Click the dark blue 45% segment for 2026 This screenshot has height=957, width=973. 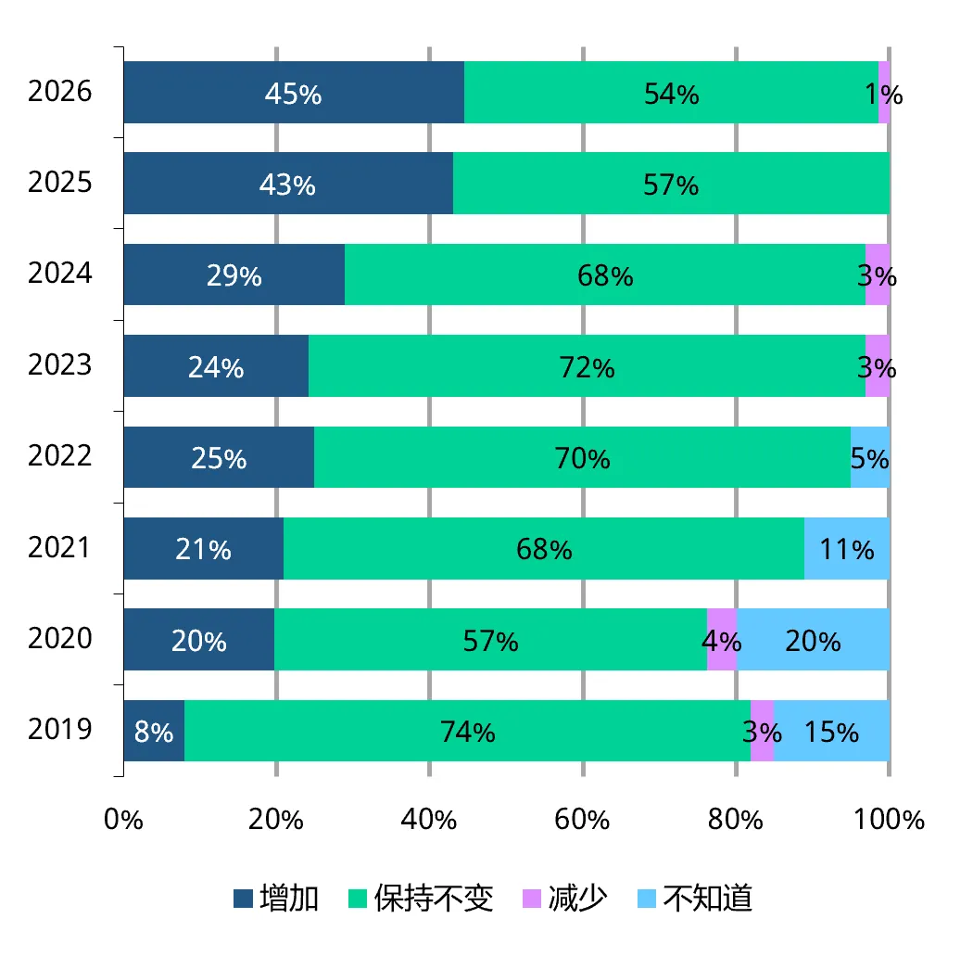pos(294,92)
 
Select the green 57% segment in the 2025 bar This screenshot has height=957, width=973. pos(672,184)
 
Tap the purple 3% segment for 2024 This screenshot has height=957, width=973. pos(878,274)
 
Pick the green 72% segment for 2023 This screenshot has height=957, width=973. pos(587,365)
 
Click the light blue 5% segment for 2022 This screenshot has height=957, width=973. pos(870,457)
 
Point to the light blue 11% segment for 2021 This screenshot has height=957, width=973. pos(847,548)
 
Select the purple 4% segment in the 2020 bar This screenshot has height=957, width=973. pos(722,640)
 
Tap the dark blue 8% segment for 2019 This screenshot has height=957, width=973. pos(155,731)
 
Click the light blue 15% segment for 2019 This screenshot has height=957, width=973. pos(831,731)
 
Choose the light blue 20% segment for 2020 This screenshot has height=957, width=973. pos(814,640)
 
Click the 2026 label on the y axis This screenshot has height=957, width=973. pos(59,91)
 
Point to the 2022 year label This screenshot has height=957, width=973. pos(59,456)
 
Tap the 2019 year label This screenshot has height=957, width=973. pos(59,729)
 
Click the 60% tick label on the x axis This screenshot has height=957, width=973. pos(582,820)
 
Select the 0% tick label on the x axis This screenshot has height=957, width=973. pos(123,820)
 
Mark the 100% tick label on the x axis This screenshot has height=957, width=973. pos(890,820)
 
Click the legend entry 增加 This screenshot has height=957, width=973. pos(276,898)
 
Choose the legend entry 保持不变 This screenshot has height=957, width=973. pos(421,898)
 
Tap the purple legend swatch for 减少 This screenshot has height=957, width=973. pos(532,899)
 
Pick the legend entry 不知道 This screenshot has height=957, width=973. pos(695,898)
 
